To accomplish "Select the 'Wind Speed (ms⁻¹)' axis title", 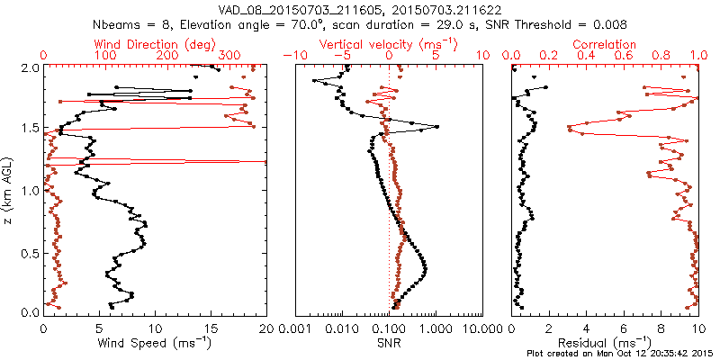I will coord(156,342).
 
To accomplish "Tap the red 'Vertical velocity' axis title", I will coord(389,44).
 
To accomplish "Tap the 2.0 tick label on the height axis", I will coord(29,67).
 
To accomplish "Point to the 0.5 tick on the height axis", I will coord(29,251).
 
